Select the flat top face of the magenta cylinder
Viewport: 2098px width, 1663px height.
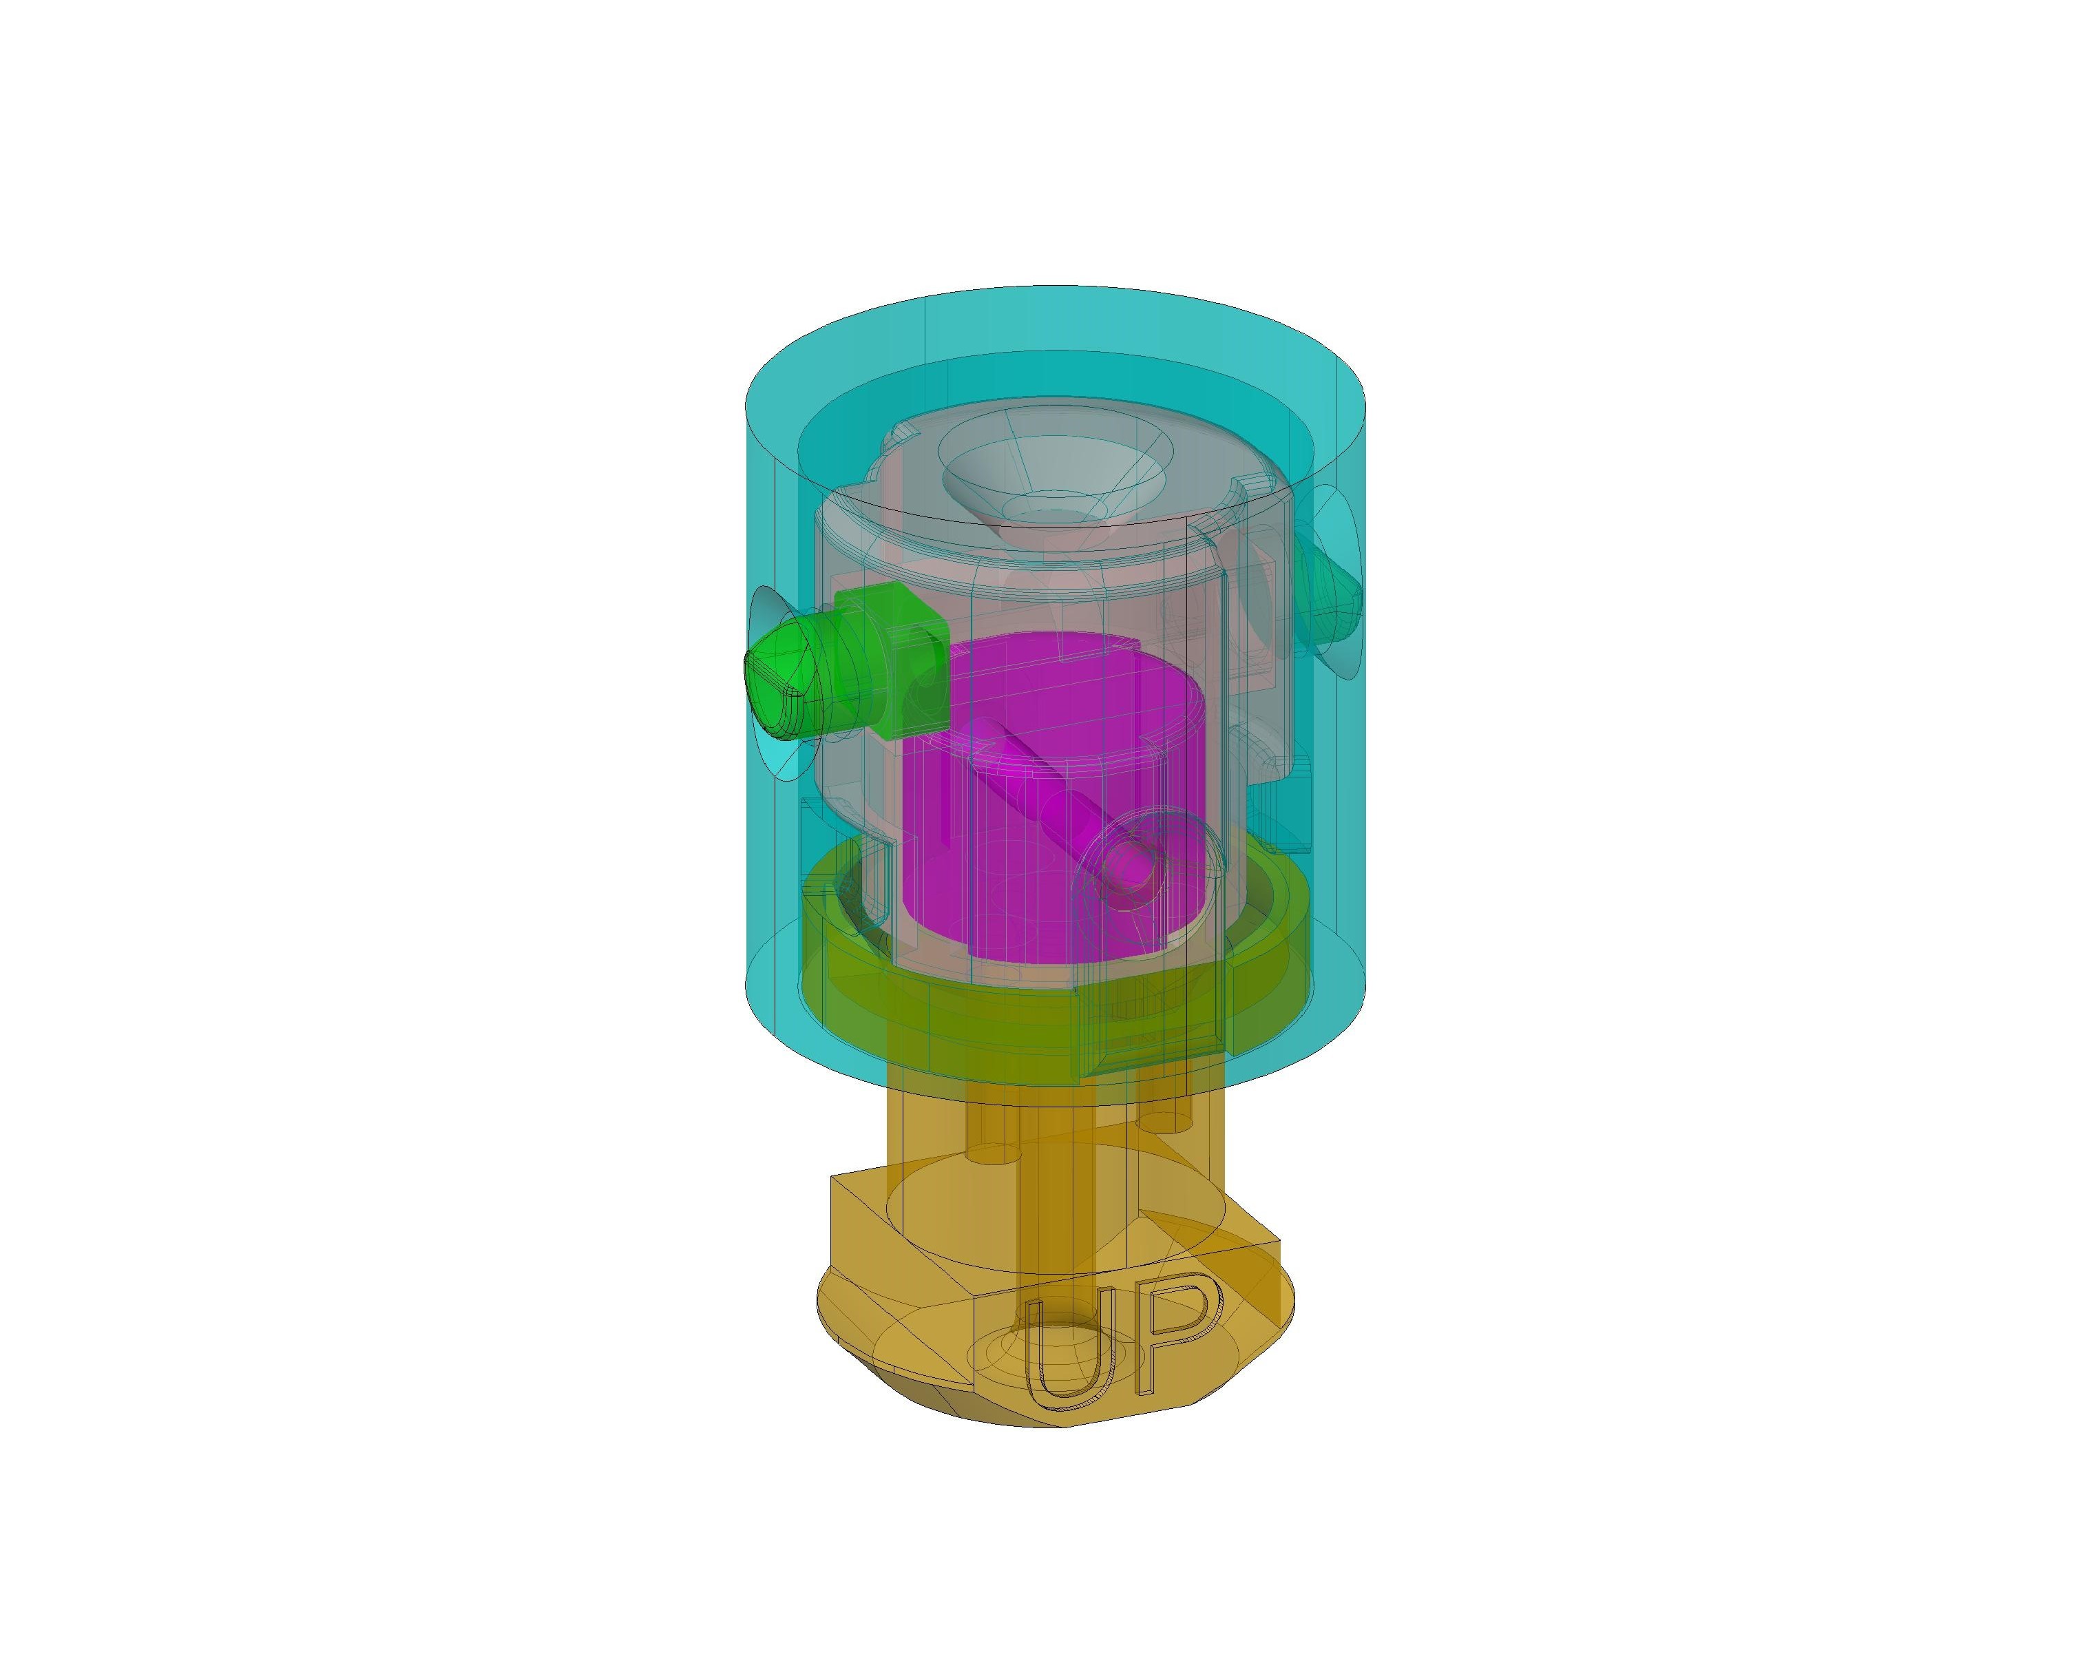pyautogui.click(x=1060, y=681)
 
